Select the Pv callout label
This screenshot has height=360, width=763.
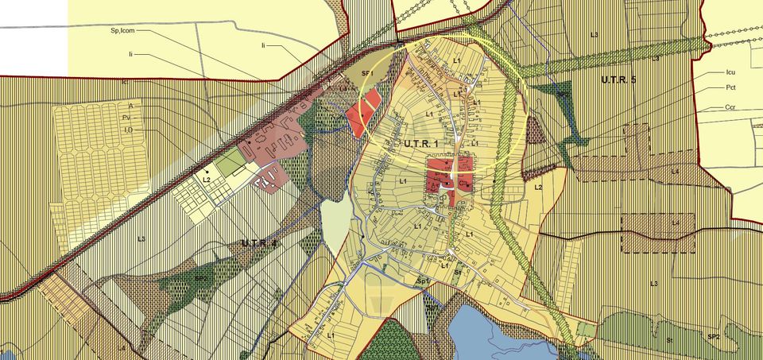pos(126,118)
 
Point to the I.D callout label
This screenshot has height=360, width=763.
pos(127,130)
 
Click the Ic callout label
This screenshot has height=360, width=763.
pos(126,81)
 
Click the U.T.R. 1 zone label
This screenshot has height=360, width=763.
pos(405,142)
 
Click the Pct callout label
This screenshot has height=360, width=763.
pos(730,87)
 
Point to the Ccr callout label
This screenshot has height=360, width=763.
pos(730,106)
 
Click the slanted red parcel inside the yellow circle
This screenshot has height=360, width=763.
pos(363,112)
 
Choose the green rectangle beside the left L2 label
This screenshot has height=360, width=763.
pos(230,163)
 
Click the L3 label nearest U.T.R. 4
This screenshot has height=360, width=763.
pos(141,238)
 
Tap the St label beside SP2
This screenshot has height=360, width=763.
pos(669,339)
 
